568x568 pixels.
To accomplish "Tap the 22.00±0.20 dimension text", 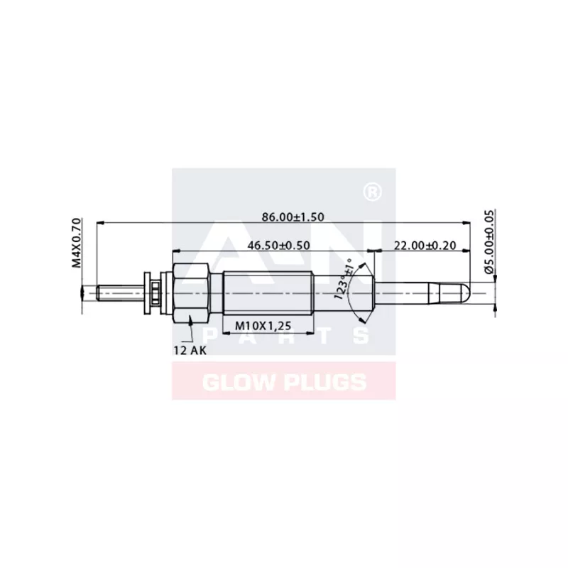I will tap(425, 245).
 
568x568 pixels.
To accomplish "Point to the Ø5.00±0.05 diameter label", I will tap(488, 241).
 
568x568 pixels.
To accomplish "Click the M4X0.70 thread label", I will tap(77, 244).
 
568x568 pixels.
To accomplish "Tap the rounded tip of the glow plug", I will tap(463, 292).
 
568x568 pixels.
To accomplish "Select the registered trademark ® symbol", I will tap(369, 192).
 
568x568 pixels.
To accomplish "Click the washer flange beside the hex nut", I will tap(150, 292).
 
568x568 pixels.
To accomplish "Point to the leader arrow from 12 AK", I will tap(192, 332).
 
